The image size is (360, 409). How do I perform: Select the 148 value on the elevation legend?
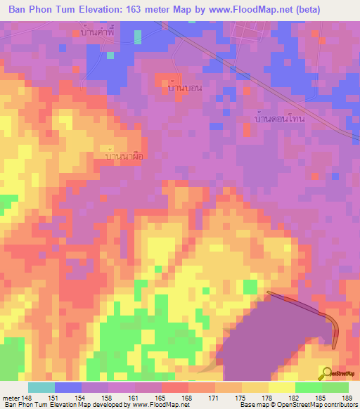pyautogui.click(x=27, y=398)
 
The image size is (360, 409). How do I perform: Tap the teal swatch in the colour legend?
pyautogui.click(x=41, y=387)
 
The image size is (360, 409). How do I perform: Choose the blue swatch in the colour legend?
pyautogui.click(x=68, y=387)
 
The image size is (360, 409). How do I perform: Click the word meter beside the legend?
pyautogui.click(x=10, y=398)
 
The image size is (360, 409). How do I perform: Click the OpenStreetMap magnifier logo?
pyautogui.click(x=328, y=373)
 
